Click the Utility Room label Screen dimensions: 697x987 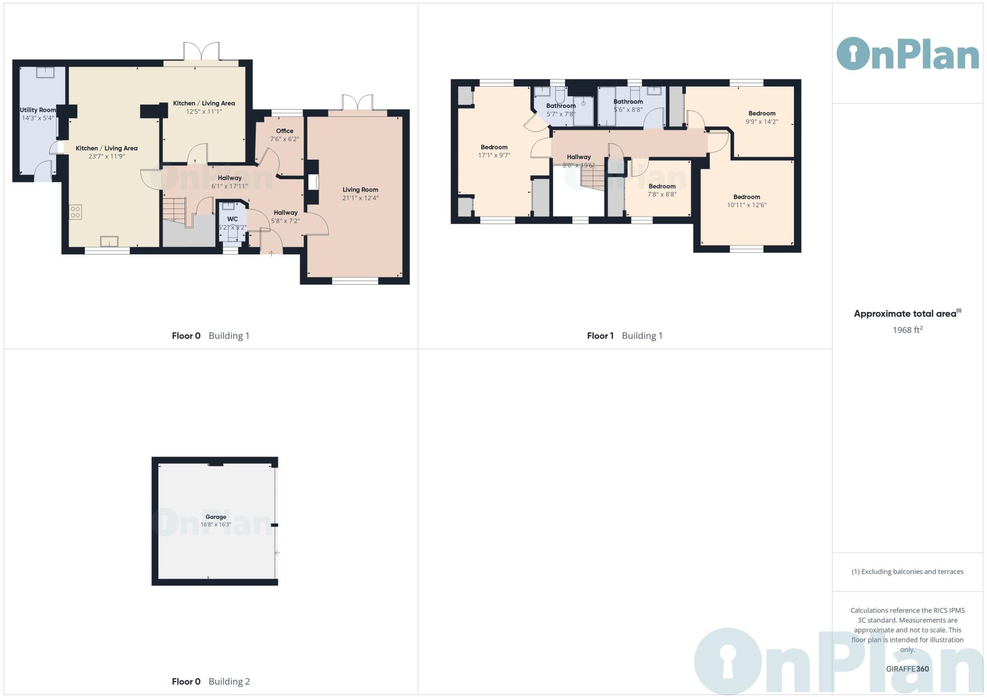38,110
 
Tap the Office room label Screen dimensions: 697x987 284,131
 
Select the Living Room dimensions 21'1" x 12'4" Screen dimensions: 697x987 360,198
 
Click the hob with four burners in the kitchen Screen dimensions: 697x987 75,212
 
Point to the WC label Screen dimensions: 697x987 232,219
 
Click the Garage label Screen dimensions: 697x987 215,517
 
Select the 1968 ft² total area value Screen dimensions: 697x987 907,330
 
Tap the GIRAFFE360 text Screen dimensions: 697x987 907,669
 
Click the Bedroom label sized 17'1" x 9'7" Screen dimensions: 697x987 494,147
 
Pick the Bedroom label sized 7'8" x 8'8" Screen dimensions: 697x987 662,186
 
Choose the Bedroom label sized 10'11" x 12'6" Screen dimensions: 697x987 747,197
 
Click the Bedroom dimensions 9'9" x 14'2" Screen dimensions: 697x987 761,122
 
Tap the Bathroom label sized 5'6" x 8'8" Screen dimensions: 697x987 628,102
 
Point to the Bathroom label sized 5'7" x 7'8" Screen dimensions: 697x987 560,106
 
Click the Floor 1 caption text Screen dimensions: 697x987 600,336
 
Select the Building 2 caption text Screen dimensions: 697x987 229,681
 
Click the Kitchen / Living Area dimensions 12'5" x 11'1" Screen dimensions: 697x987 204,112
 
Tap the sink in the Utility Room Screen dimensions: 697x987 45,72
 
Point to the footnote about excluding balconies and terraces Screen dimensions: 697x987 907,572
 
